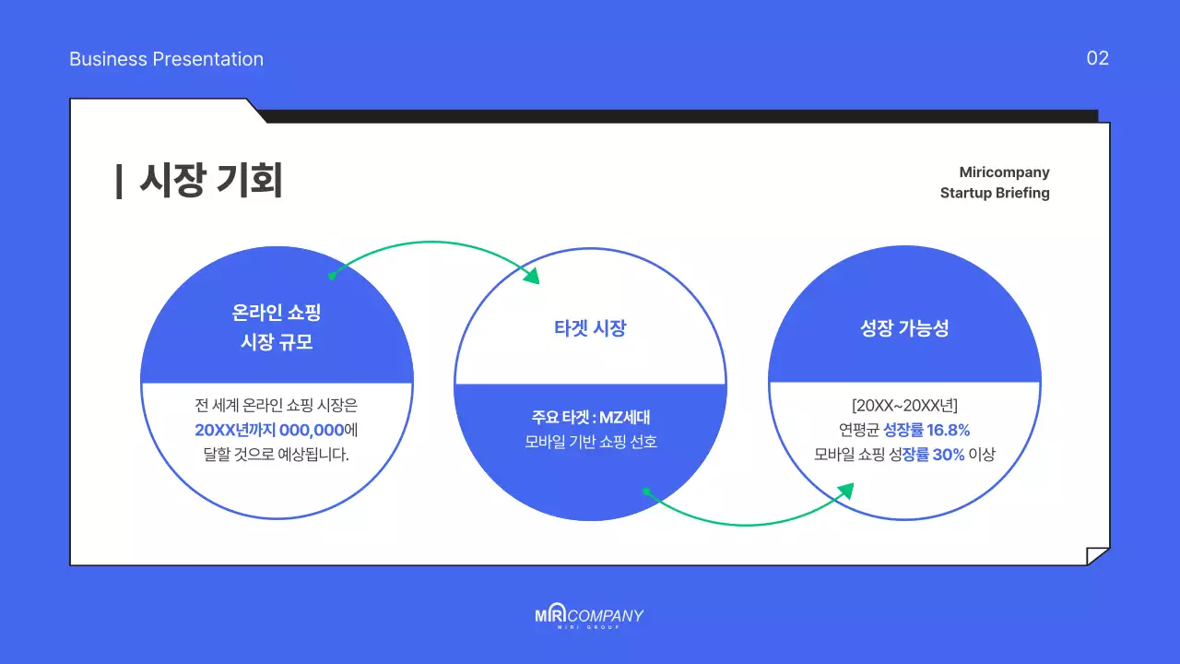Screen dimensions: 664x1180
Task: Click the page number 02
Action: point(1097,58)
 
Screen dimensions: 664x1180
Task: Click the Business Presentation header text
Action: point(166,59)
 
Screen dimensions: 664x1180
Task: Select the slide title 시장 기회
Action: point(210,181)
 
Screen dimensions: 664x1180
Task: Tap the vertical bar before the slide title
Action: point(119,181)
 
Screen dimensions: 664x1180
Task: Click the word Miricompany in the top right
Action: point(1004,172)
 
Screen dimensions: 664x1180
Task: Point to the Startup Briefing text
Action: point(995,193)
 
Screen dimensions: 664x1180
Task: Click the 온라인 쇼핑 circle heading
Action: point(277,314)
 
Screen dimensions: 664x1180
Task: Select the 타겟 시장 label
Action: point(590,327)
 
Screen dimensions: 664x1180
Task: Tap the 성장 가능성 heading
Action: point(904,327)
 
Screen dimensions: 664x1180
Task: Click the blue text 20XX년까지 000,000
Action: point(269,430)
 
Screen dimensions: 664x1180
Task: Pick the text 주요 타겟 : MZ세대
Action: point(590,417)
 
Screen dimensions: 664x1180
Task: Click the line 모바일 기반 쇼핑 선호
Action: point(590,442)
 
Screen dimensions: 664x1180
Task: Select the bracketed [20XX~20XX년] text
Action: point(904,405)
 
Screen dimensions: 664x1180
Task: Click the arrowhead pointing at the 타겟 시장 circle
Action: point(532,275)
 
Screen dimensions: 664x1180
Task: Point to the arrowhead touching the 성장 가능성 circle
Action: point(844,491)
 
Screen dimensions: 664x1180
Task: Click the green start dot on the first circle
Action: point(332,275)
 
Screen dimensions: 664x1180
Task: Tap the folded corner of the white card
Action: point(1098,555)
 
